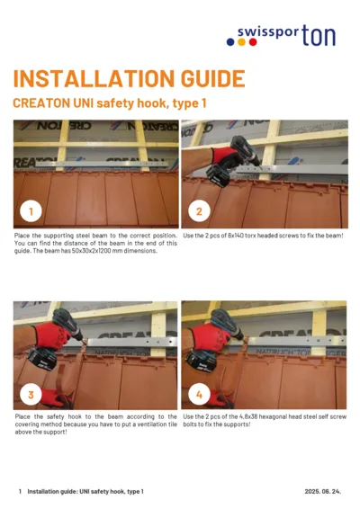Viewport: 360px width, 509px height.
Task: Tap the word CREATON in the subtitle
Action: tap(44, 104)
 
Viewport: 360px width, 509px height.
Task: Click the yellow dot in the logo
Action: tap(230, 40)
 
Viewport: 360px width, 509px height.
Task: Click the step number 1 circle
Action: tap(31, 212)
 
